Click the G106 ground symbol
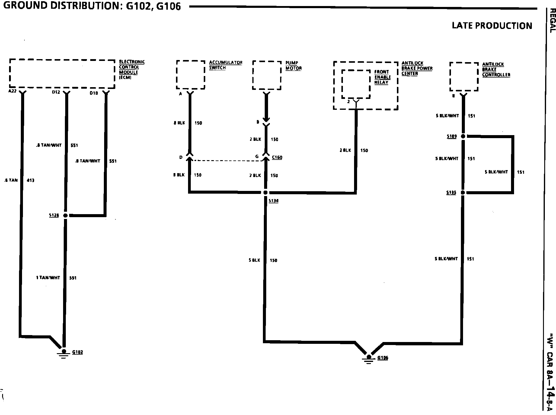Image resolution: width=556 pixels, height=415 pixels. tap(368, 359)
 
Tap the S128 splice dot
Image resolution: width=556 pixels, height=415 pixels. tap(65, 215)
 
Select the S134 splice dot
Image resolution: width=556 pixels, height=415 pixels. tap(265, 192)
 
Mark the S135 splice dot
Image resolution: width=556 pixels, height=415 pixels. tap(463, 192)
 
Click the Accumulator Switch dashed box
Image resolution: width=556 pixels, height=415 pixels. tap(191, 75)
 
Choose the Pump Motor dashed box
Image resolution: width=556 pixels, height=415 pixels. tap(267, 75)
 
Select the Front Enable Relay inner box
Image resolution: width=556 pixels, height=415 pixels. tap(356, 84)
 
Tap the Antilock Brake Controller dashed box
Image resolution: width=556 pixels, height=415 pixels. tap(464, 77)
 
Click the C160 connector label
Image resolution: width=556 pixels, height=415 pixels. tap(277, 157)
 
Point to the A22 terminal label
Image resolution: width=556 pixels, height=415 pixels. tap(12, 91)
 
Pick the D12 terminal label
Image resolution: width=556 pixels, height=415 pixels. tap(56, 92)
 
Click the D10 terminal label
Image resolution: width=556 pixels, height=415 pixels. tap(94, 93)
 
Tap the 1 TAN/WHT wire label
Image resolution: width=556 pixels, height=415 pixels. tap(48, 277)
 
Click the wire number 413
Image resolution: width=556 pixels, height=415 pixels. tap(30, 180)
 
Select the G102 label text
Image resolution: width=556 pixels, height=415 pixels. tap(78, 352)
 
